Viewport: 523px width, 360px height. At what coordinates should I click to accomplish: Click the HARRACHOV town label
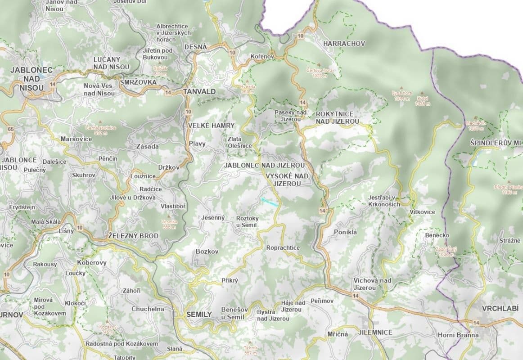pyautogui.click(x=344, y=44)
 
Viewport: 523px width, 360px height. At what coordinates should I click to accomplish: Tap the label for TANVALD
pyautogui.click(x=199, y=91)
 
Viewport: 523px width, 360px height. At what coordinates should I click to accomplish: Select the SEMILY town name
pyautogui.click(x=199, y=314)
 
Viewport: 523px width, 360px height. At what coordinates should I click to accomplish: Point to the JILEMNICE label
pyautogui.click(x=375, y=333)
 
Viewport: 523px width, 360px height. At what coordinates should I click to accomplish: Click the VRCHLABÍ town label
pyautogui.click(x=500, y=309)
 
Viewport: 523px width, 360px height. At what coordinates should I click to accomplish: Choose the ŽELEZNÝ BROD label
pyautogui.click(x=134, y=236)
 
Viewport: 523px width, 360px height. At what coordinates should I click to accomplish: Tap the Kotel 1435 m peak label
pyautogui.click(x=423, y=100)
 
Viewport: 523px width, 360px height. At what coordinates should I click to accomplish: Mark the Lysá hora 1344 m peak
pyautogui.click(x=402, y=95)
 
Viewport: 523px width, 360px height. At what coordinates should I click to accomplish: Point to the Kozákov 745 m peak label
pyautogui.click(x=108, y=329)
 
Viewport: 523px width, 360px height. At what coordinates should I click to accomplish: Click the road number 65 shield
pyautogui.click(x=11, y=129)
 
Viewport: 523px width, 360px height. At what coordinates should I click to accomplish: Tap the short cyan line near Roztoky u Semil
pyautogui.click(x=269, y=202)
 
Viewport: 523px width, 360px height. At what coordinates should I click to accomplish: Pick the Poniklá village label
pyautogui.click(x=345, y=232)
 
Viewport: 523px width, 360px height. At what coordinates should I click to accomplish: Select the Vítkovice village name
pyautogui.click(x=423, y=211)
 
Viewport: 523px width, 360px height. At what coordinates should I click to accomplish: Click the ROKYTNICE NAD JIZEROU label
pyautogui.click(x=337, y=117)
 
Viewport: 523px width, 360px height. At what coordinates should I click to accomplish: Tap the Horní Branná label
pyautogui.click(x=458, y=335)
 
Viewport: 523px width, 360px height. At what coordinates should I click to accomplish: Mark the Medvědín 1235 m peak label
pyautogui.click(x=476, y=125)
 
